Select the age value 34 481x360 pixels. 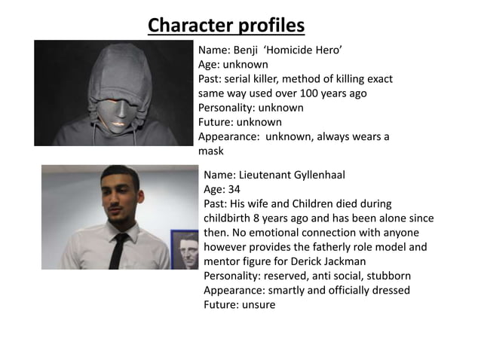pos(235,189)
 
